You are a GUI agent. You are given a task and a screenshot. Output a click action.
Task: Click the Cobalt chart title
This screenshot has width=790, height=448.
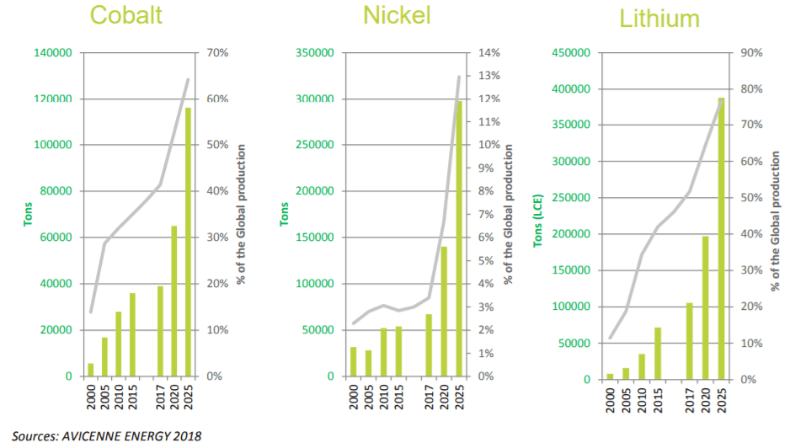coord(127,15)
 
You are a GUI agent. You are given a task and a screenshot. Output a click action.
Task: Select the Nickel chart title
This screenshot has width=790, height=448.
coord(397,15)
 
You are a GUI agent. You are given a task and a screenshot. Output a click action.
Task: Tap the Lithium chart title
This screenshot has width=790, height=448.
coord(661,18)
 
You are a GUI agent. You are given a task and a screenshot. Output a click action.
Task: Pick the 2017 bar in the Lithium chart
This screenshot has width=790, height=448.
coord(690,341)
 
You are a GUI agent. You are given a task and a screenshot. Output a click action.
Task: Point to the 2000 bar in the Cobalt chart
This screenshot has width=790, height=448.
coord(91,370)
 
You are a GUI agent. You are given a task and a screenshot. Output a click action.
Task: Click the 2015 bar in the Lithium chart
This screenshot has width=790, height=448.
coord(658,353)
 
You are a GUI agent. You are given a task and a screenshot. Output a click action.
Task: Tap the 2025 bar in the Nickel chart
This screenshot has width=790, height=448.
coord(459,238)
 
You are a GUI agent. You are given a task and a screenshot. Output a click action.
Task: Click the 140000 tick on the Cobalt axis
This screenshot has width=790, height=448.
coord(53,53)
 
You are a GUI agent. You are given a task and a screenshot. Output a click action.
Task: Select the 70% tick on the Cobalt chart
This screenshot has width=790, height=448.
coord(216,53)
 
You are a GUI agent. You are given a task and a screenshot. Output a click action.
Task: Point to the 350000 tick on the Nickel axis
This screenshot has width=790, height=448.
coord(315,53)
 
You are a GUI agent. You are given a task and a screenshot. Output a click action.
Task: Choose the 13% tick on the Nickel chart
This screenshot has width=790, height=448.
coord(489,76)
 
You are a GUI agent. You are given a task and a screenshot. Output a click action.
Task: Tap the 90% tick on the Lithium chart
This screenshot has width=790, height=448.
coord(750,53)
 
